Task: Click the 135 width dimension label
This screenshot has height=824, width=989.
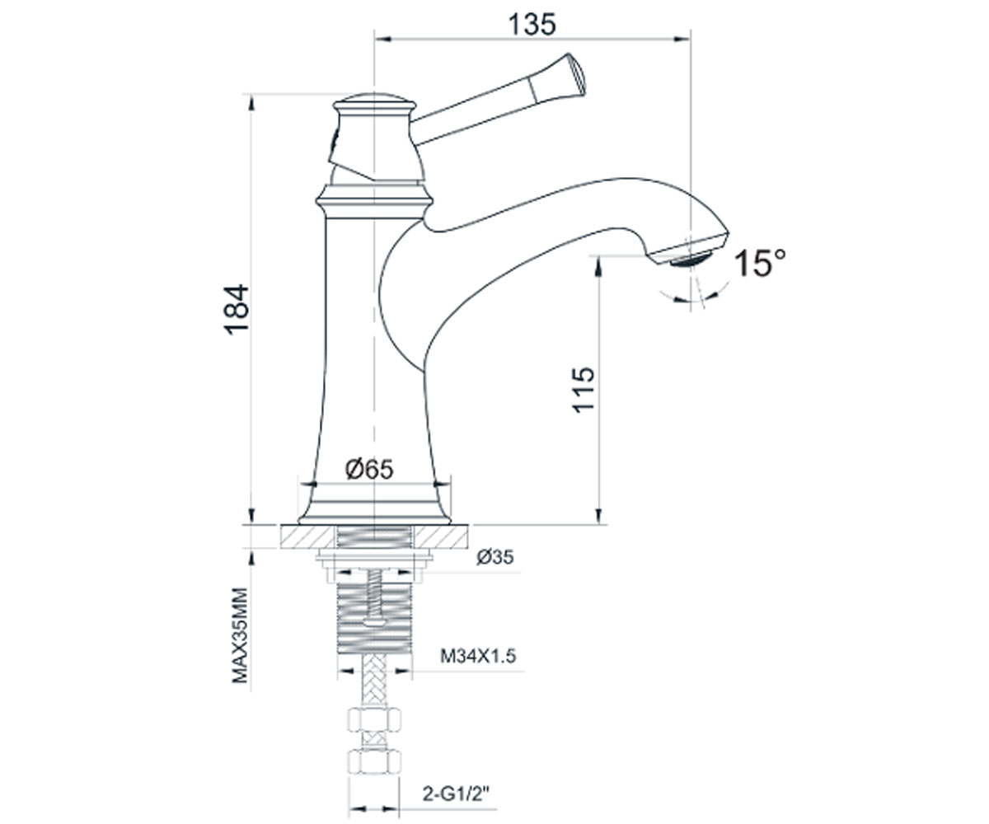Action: click(532, 25)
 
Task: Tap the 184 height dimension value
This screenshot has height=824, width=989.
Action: click(237, 310)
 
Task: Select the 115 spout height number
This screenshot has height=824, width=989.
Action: click(583, 390)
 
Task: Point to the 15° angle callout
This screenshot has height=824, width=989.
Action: click(760, 263)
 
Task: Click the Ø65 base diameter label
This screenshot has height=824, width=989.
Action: click(369, 469)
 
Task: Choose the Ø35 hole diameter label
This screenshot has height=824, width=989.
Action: click(495, 557)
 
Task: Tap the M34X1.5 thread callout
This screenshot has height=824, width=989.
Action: click(478, 657)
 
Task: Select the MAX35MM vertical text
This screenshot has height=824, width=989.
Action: click(240, 635)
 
